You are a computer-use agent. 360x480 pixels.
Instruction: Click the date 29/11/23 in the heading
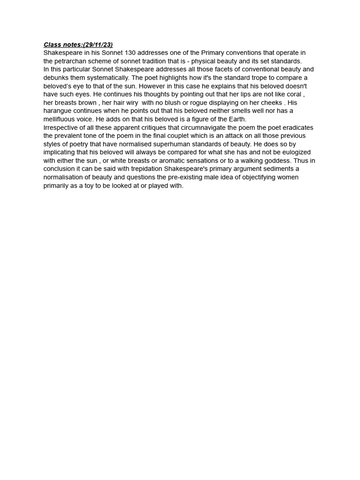[97, 45]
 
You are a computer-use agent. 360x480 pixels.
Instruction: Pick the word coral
[293, 94]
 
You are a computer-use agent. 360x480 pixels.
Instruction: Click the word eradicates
[294, 127]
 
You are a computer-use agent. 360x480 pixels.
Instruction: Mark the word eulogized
[294, 152]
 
